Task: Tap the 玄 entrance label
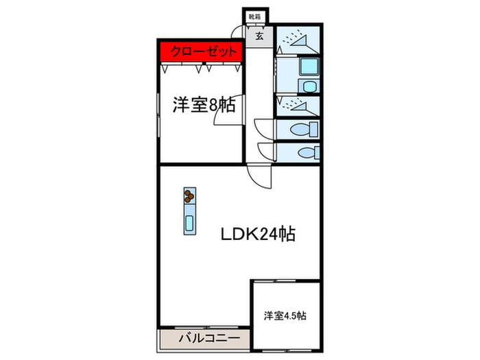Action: (261, 36)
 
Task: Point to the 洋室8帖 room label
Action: (204, 105)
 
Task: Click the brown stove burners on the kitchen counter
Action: (189, 197)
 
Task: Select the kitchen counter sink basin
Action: (189, 222)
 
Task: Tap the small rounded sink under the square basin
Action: (308, 86)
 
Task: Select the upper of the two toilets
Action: (304, 129)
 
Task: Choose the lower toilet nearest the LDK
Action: (304, 152)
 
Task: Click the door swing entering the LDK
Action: (261, 176)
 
